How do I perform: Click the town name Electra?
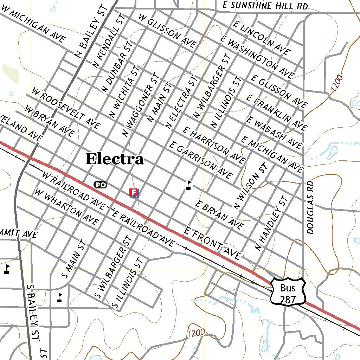click(115, 159)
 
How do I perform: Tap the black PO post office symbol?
click(100, 185)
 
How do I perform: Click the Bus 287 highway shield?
click(288, 291)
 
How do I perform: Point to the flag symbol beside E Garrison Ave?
click(189, 185)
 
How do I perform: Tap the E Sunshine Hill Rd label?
click(265, 6)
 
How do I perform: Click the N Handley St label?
click(272, 224)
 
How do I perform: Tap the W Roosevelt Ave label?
click(66, 108)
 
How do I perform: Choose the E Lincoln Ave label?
click(261, 37)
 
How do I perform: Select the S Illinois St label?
click(127, 283)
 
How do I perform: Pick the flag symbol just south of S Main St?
click(60, 298)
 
